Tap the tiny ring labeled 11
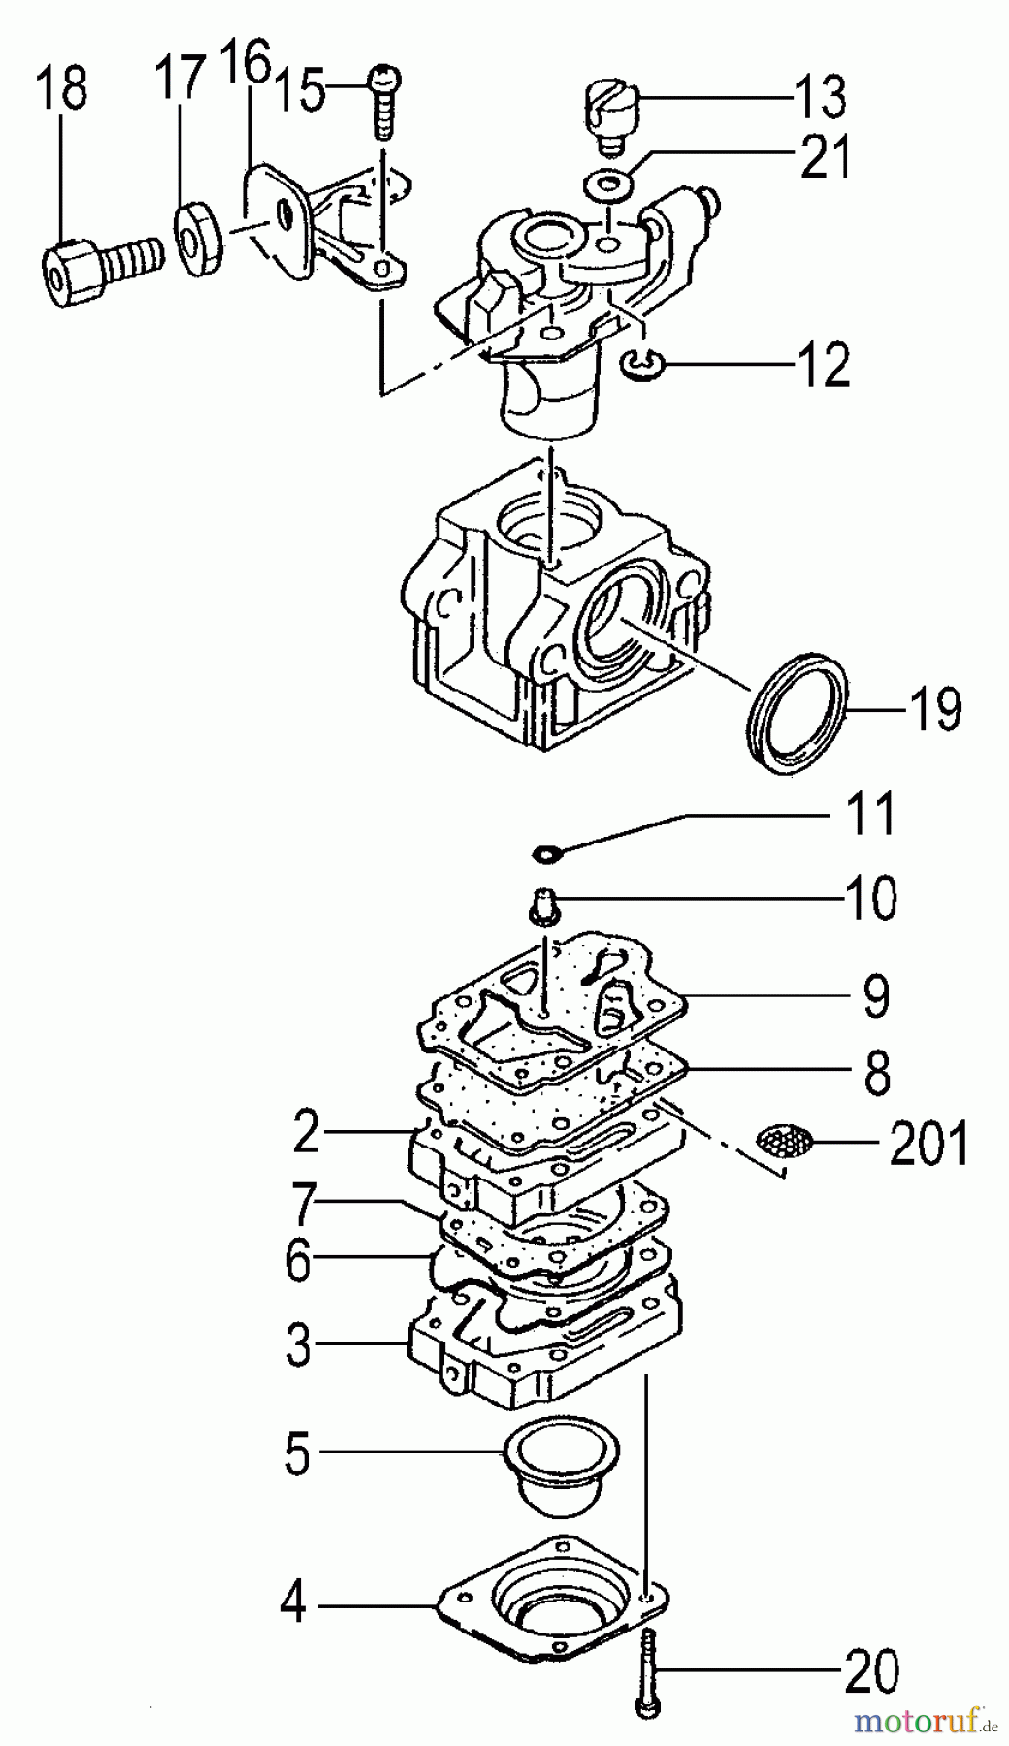[x=547, y=855]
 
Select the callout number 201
[x=928, y=1145]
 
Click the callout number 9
[x=875, y=997]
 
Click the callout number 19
[x=935, y=709]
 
